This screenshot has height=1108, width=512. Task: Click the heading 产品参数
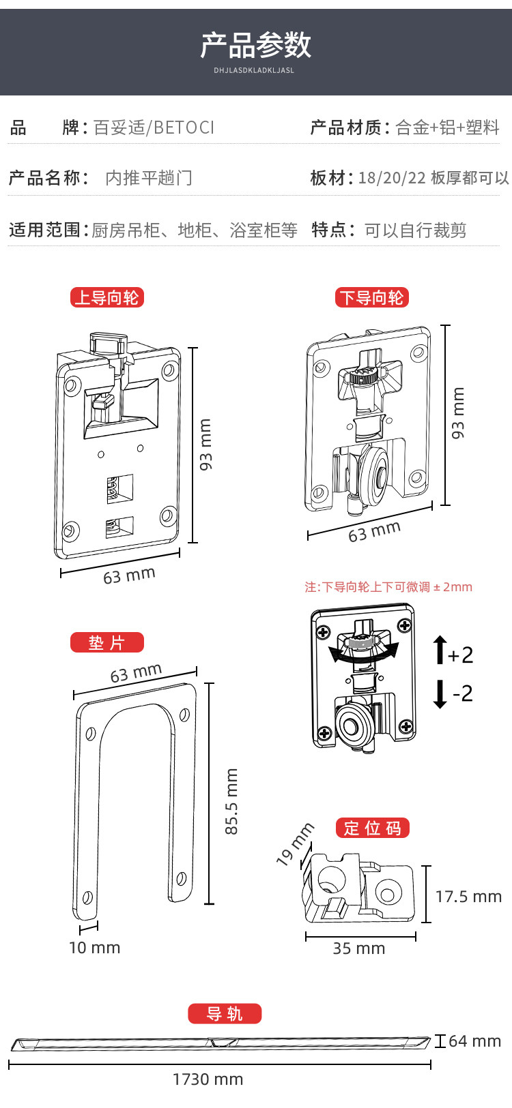click(x=256, y=46)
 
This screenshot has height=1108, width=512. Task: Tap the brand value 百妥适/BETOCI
click(x=154, y=128)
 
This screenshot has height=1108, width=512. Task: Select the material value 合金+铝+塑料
click(x=447, y=128)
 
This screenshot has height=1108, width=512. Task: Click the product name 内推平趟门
click(x=149, y=178)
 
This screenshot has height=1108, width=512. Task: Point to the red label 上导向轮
click(x=107, y=298)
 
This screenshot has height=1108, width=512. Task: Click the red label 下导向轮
click(x=372, y=298)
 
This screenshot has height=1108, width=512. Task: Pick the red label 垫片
click(x=107, y=642)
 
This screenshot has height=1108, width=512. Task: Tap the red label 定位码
click(x=372, y=828)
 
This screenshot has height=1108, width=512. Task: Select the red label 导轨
click(x=225, y=1014)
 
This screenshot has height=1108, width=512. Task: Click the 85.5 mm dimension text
click(x=232, y=801)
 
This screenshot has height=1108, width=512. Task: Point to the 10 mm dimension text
click(x=94, y=948)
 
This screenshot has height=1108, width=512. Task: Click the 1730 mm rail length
click(x=208, y=1079)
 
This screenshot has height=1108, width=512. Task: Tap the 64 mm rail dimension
click(x=474, y=1041)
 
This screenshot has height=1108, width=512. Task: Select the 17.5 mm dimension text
click(x=468, y=897)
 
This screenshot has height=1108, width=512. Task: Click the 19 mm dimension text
click(x=295, y=844)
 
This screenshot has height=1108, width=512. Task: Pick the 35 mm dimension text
click(x=358, y=948)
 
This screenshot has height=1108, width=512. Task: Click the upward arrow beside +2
click(x=440, y=650)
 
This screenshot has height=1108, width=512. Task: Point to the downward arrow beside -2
click(x=440, y=694)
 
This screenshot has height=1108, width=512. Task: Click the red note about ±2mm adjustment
click(x=388, y=587)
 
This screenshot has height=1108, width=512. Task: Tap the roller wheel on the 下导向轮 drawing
click(x=374, y=475)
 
